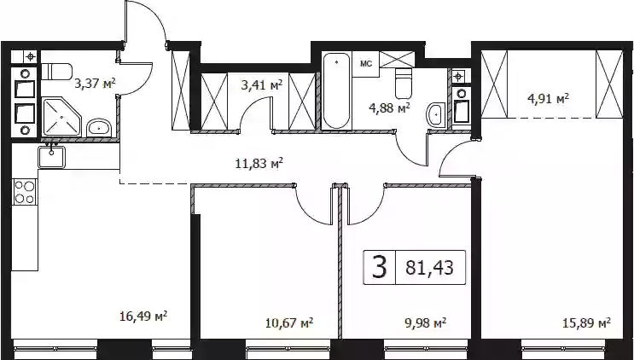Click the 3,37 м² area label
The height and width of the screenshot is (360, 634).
coord(95,84)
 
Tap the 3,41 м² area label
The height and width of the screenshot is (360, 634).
coord(262,85)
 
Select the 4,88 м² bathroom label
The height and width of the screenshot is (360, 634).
coord(389,107)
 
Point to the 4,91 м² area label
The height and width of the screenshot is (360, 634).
coord(549,99)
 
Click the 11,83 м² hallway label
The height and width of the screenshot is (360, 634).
coord(259,164)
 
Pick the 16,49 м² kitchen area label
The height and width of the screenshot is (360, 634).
coord(143,316)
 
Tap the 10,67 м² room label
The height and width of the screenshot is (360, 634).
coord(289,322)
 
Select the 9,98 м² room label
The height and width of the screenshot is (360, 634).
coord(425,322)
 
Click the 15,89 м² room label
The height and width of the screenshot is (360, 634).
coord(586,322)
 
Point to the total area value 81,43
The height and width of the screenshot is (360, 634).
coord(429,268)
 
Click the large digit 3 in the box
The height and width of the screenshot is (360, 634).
coord(379,268)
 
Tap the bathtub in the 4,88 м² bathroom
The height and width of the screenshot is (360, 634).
coord(336,91)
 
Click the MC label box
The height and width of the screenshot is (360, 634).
coord(365,64)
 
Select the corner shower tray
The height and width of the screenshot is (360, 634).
coord(62,117)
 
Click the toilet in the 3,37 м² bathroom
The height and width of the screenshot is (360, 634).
coord(56,72)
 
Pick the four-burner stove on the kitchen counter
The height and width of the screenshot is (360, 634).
coord(25,192)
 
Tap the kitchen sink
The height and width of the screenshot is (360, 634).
coord(51,157)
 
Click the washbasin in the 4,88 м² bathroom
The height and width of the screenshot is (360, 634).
coord(435,115)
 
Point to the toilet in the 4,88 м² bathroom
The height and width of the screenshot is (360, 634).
coord(404,84)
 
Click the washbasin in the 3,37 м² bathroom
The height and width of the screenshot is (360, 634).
coord(99,128)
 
